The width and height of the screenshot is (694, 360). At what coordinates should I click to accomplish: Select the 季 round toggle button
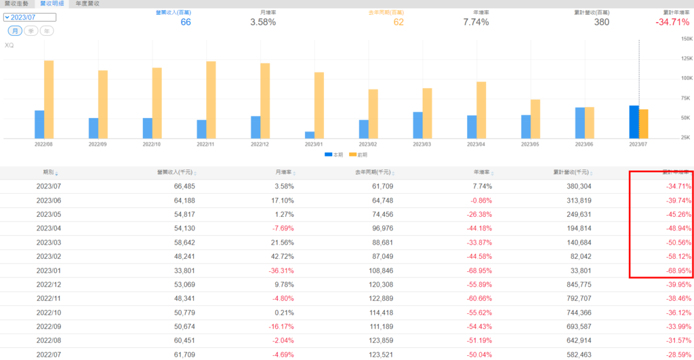31,31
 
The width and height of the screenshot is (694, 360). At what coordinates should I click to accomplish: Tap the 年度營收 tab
87,4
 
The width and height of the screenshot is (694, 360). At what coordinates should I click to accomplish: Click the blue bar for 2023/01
310,134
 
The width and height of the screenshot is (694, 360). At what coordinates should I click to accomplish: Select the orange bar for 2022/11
211,99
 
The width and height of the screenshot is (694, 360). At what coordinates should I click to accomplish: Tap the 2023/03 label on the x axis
423,144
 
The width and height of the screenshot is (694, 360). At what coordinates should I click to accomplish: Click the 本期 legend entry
333,155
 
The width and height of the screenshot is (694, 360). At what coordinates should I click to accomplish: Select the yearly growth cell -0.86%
478,200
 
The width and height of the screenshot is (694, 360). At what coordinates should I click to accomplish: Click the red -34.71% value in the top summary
672,22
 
